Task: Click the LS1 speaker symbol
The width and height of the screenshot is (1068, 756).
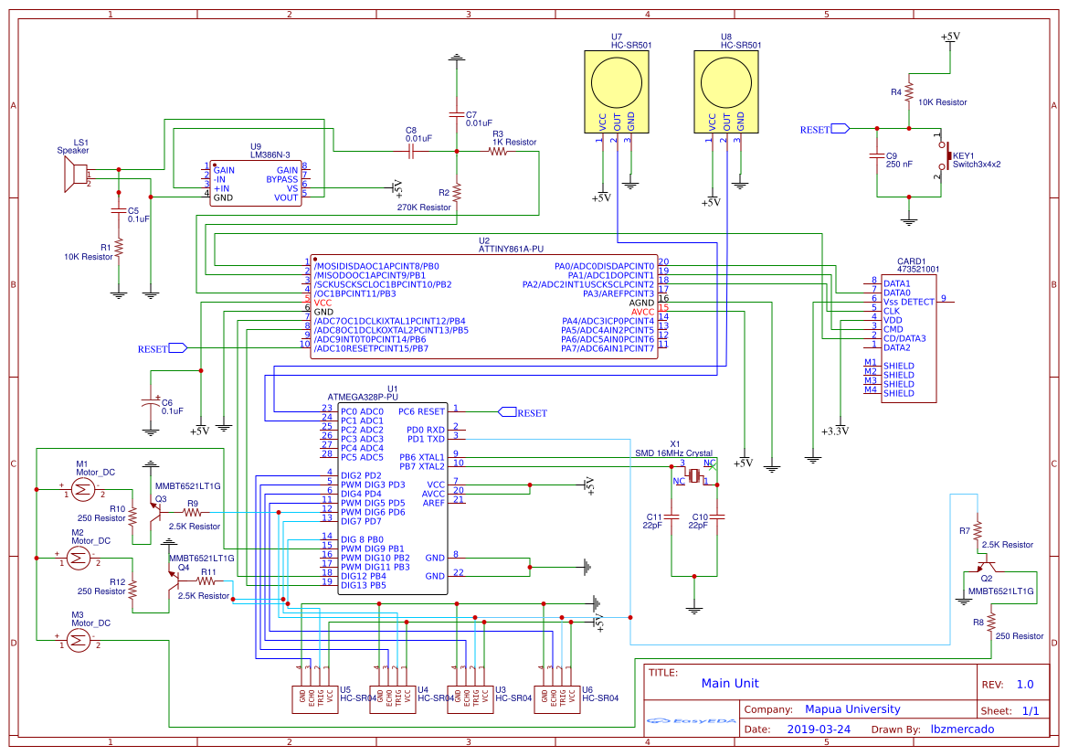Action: [69, 175]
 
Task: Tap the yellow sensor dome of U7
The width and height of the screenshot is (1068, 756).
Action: [617, 80]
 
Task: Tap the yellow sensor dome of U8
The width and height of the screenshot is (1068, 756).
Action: [726, 80]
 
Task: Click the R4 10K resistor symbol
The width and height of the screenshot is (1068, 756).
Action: [908, 91]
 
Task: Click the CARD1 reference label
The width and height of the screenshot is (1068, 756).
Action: [911, 261]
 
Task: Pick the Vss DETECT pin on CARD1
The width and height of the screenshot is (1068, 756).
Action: [909, 301]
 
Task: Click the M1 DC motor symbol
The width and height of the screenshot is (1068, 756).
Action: [80, 490]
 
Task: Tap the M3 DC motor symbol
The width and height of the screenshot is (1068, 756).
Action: [80, 642]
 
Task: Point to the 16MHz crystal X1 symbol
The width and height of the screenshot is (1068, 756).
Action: [695, 474]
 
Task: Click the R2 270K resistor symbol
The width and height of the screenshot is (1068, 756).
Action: [457, 192]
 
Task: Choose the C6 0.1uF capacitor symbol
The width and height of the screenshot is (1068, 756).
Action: [151, 402]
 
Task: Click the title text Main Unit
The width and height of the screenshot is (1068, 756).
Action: [729, 683]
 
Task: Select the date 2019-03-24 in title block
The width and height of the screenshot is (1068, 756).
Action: [818, 729]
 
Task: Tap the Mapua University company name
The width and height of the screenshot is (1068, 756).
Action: [851, 709]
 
